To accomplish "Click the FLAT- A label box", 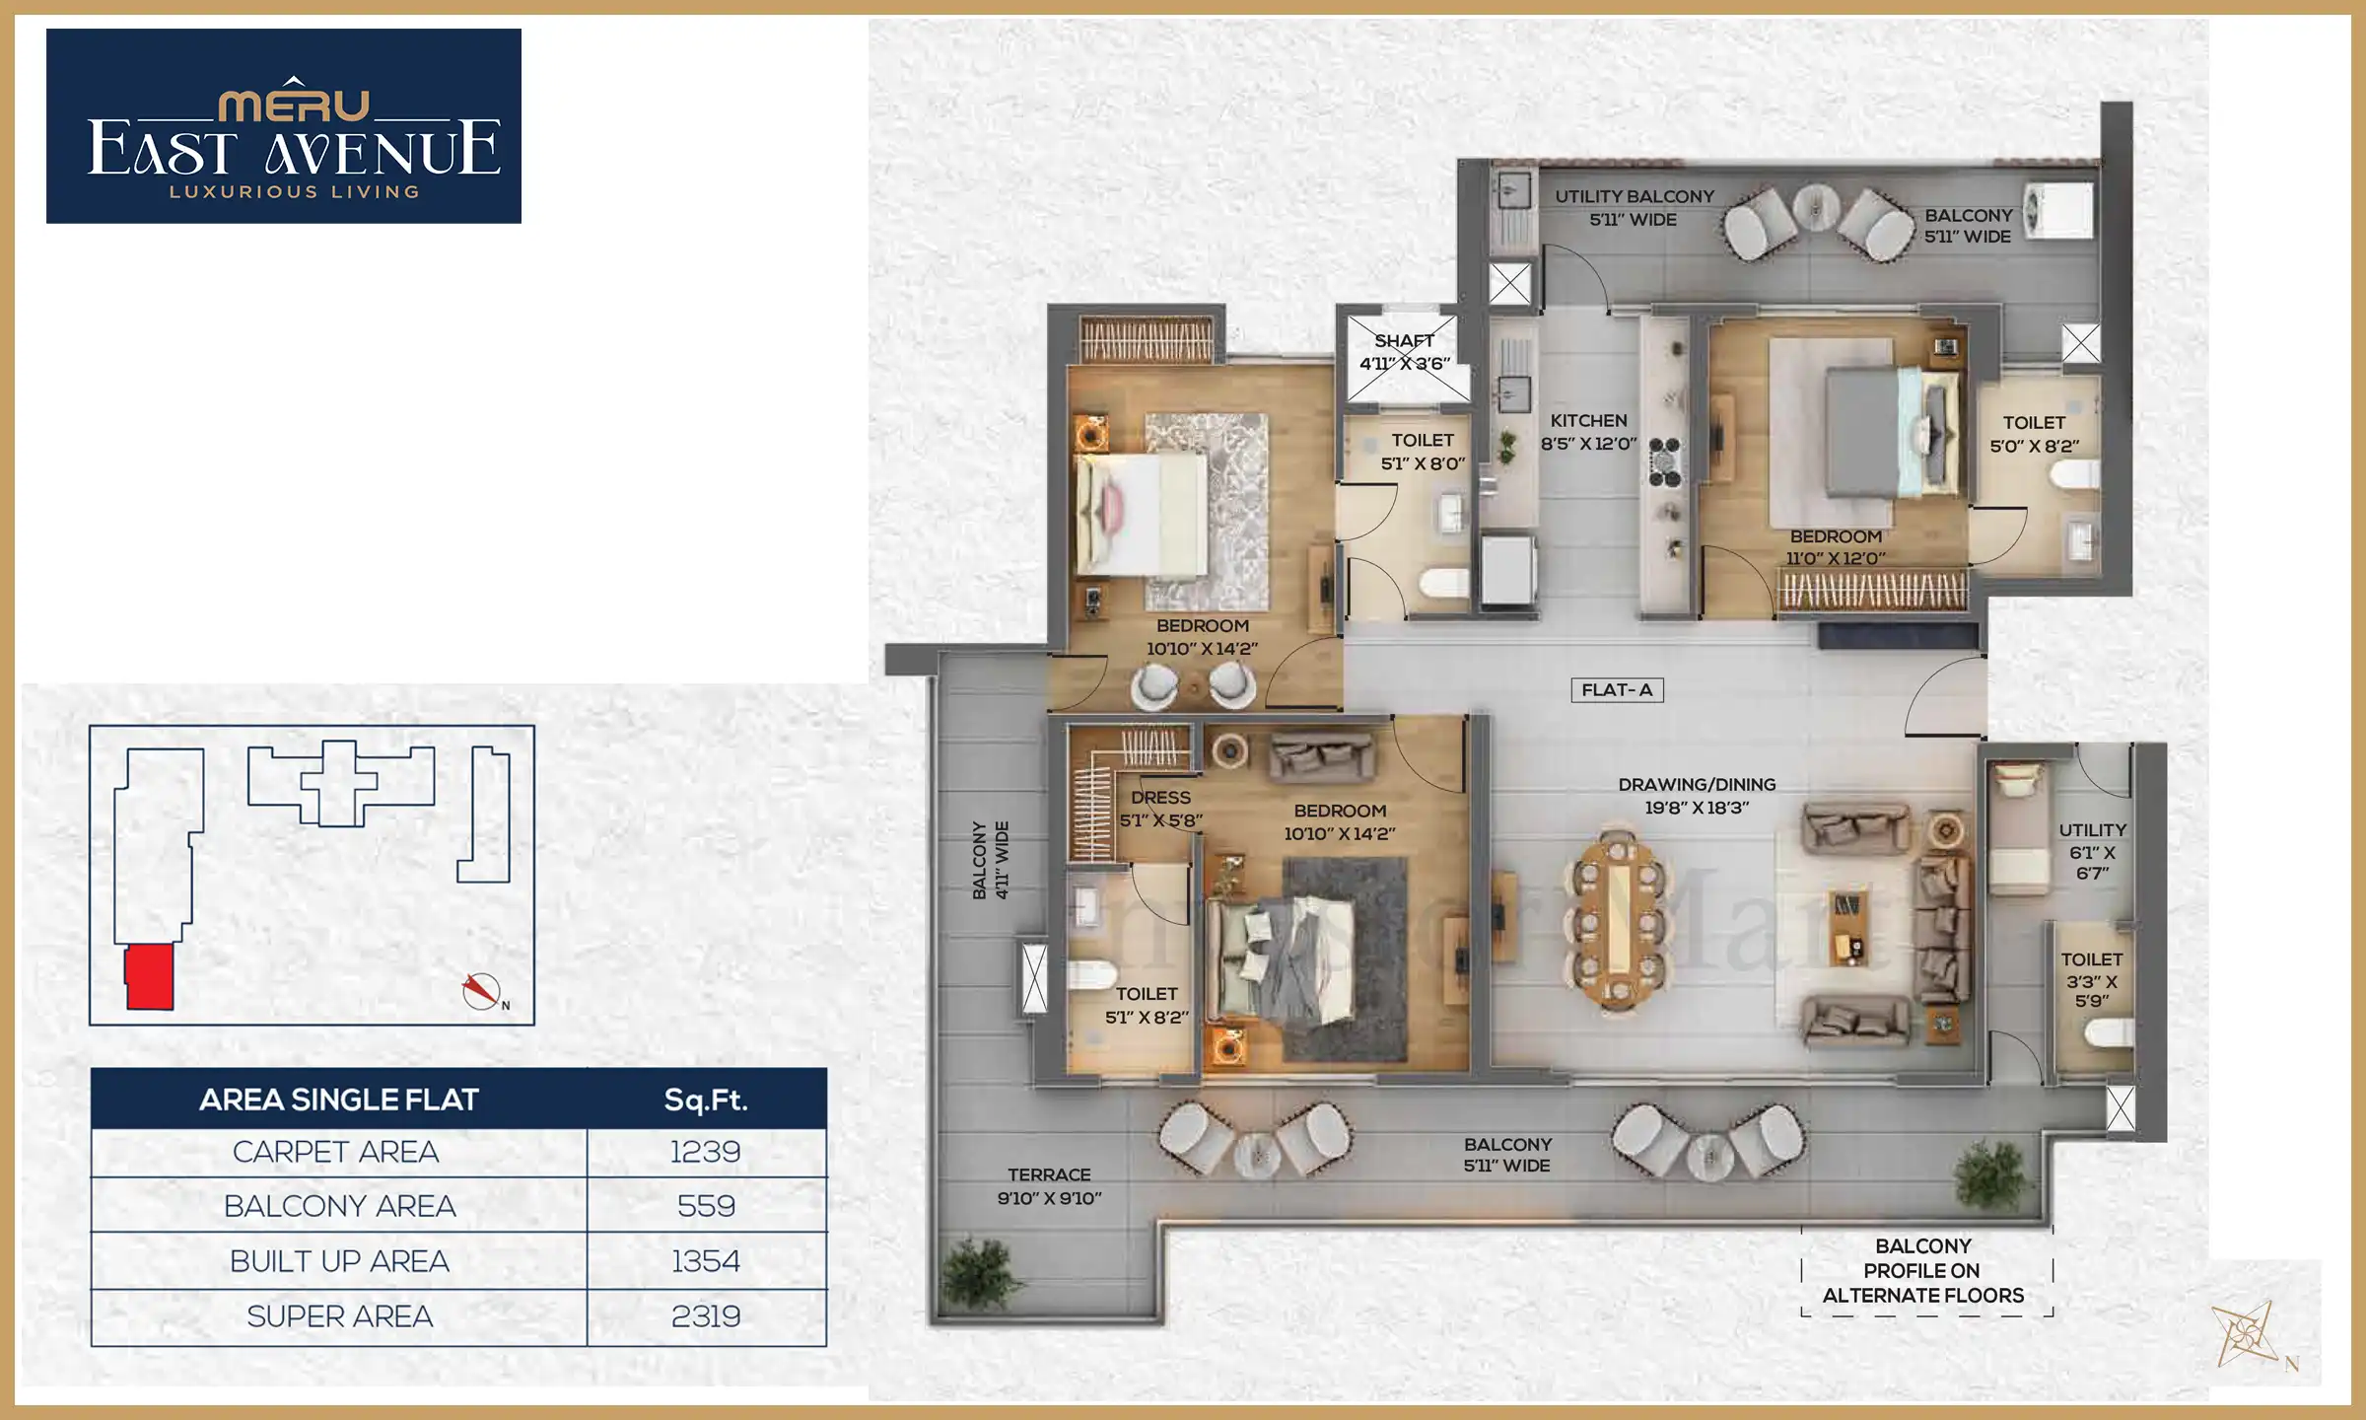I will coord(1617,690).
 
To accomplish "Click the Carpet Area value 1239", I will coord(705,1152).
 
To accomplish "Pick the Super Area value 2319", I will coord(705,1316).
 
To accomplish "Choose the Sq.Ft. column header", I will coord(705,1100).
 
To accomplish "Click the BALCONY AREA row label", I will coord(339,1206).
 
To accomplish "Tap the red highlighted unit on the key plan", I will coord(150,976).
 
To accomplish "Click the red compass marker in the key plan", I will coord(481,990).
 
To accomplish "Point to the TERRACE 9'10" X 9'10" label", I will coord(1049,1186).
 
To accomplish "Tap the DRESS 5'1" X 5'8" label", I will coord(1160,809).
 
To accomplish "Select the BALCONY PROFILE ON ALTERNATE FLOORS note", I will coord(1922,1271).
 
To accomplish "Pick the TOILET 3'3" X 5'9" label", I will coord(2091,979).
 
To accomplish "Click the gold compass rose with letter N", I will coord(2247,1335).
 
